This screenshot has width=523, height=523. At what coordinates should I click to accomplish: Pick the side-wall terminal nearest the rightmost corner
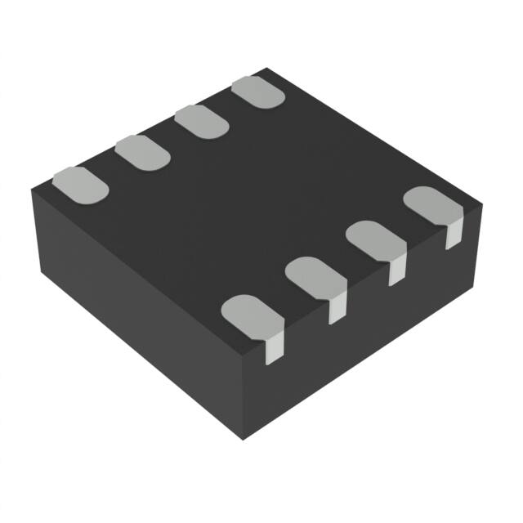(452, 236)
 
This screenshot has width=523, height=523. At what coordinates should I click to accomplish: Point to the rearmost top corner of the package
(266, 69)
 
